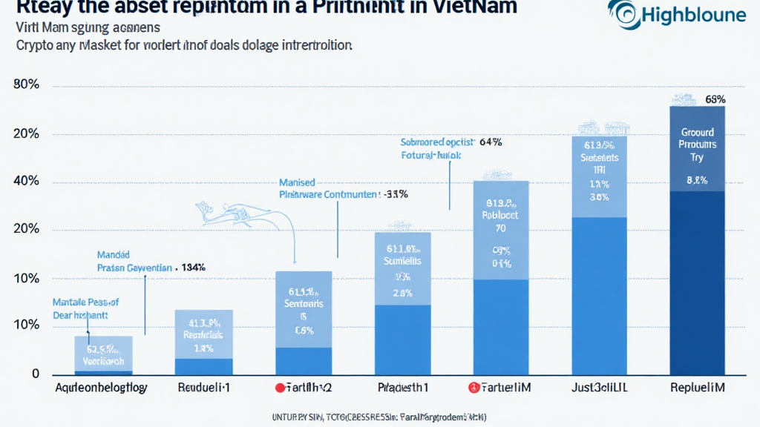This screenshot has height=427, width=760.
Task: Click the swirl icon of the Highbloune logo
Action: [621, 13]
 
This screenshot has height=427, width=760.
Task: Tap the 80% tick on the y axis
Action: [26, 85]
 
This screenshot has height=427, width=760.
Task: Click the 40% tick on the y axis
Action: [26, 182]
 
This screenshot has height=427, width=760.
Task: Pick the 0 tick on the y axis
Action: [36, 374]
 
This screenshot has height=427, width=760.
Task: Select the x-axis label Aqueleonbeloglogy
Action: [102, 387]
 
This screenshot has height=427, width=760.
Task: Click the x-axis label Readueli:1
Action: [205, 387]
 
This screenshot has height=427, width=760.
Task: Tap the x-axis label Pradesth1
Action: [404, 387]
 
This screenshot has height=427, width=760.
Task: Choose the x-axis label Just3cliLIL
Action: [601, 387]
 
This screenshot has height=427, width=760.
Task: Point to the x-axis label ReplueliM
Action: [697, 387]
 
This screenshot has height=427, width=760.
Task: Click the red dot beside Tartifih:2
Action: [280, 388]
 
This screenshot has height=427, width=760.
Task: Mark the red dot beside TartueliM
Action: [473, 388]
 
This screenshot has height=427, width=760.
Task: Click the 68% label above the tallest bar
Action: [715, 99]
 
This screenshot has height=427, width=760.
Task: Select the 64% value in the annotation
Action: [491, 142]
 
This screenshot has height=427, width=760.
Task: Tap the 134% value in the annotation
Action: [193, 267]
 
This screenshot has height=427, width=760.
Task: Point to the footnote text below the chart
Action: [379, 416]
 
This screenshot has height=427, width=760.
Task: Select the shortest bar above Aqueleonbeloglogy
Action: [103, 355]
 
